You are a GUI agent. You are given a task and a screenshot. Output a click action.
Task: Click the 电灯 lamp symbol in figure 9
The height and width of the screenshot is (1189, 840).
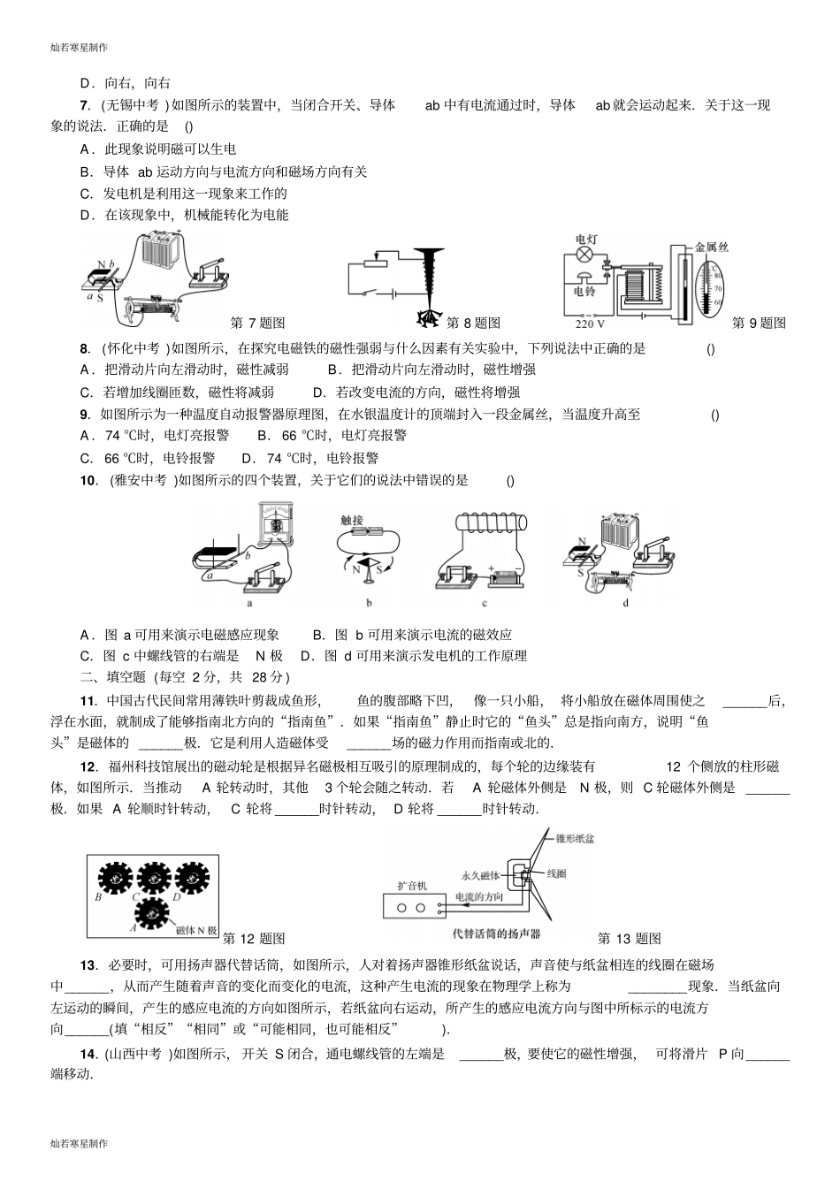click(x=584, y=255)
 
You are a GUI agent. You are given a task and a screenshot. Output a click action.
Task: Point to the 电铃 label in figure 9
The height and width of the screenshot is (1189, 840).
click(x=584, y=291)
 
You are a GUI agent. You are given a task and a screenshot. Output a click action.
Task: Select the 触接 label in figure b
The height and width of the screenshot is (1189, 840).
click(x=352, y=520)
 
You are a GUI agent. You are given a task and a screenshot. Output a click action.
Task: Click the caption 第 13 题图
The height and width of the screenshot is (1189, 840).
click(x=629, y=939)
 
